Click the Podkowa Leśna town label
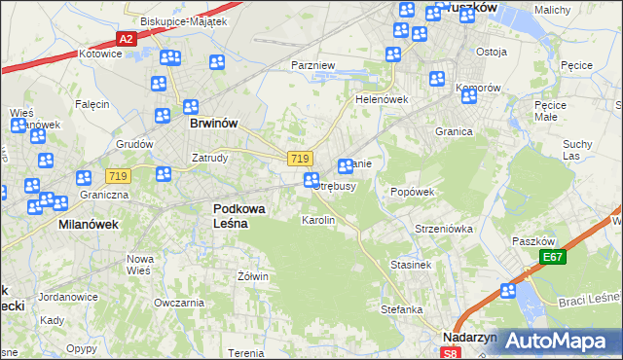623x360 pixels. coord(231,215)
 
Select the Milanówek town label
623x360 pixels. coord(82,224)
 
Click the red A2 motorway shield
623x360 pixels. coord(126,39)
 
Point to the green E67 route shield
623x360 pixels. coord(554,257)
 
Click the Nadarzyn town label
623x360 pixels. coord(470,337)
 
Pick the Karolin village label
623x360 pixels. coord(318,221)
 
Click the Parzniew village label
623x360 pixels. coord(312,65)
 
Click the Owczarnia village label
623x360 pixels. coord(178,303)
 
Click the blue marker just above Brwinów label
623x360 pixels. coord(191,107)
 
